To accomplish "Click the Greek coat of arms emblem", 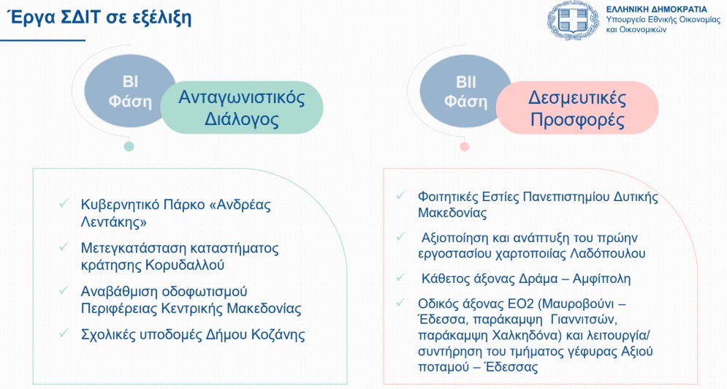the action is pyautogui.click(x=573, y=20).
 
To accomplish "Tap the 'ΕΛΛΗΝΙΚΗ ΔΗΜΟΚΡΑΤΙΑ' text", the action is pyautogui.click(x=657, y=10).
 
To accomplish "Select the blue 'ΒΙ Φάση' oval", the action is pyautogui.click(x=130, y=91).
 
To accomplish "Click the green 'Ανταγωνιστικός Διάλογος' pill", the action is pyautogui.click(x=242, y=108).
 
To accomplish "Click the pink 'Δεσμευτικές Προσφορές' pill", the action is pyautogui.click(x=577, y=108).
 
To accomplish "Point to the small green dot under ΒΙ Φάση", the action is pyautogui.click(x=129, y=147).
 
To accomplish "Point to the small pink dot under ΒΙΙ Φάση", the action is pyautogui.click(x=464, y=147).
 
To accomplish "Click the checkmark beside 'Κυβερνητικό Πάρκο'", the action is pyautogui.click(x=64, y=203).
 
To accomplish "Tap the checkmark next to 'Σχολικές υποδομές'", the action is pyautogui.click(x=64, y=333).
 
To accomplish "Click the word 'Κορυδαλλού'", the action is pyautogui.click(x=185, y=265).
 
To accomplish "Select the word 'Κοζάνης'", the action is pyautogui.click(x=278, y=335).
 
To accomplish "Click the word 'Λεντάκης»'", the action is pyautogui.click(x=113, y=222).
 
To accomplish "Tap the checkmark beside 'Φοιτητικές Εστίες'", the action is pyautogui.click(x=401, y=195).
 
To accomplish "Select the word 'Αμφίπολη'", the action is pyautogui.click(x=602, y=279).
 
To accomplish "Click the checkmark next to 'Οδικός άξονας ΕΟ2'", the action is pyautogui.click(x=401, y=303).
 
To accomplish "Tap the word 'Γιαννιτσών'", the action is pyautogui.click(x=582, y=320).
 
